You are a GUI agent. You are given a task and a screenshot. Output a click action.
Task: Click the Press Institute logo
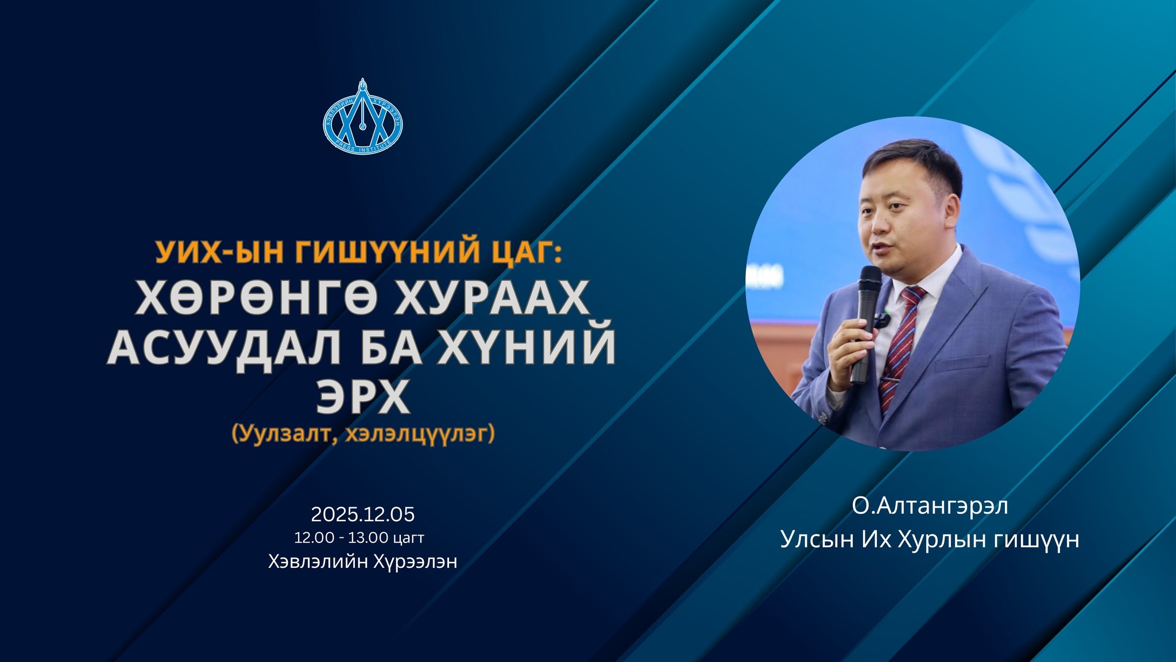[362, 120]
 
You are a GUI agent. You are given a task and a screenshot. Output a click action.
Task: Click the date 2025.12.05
[363, 514]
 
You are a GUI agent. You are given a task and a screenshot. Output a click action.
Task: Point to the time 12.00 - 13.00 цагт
[359, 538]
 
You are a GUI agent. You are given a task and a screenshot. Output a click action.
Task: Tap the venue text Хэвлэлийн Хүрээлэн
[363, 561]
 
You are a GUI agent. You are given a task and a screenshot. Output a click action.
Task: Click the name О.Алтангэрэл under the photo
[930, 507]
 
